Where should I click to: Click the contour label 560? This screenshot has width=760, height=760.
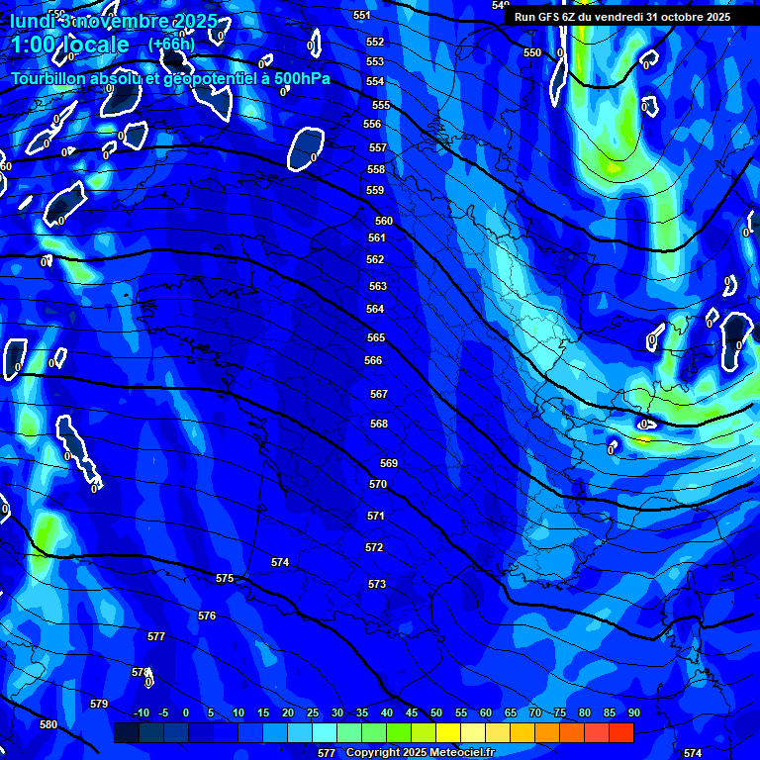pos(384,221)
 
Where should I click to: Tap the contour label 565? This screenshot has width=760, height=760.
pos(375,337)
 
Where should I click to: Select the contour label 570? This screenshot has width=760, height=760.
pos(378,484)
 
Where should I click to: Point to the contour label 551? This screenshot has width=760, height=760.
pos(361,15)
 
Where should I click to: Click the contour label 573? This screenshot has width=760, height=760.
pos(377,584)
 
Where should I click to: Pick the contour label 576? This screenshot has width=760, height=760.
pos(207,616)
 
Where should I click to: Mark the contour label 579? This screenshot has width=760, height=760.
pos(99,704)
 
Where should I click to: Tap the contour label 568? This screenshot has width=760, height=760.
pos(379,424)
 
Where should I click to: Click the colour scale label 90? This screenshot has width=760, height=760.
pos(633,713)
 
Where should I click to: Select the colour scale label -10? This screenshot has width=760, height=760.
pos(142,713)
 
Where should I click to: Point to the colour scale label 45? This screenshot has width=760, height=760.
pos(412,713)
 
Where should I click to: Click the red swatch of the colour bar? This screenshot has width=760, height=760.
pos(620,733)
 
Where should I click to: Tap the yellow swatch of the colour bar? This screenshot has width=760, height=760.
pos(447,733)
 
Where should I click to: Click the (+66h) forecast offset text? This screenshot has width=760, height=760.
pos(171,45)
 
